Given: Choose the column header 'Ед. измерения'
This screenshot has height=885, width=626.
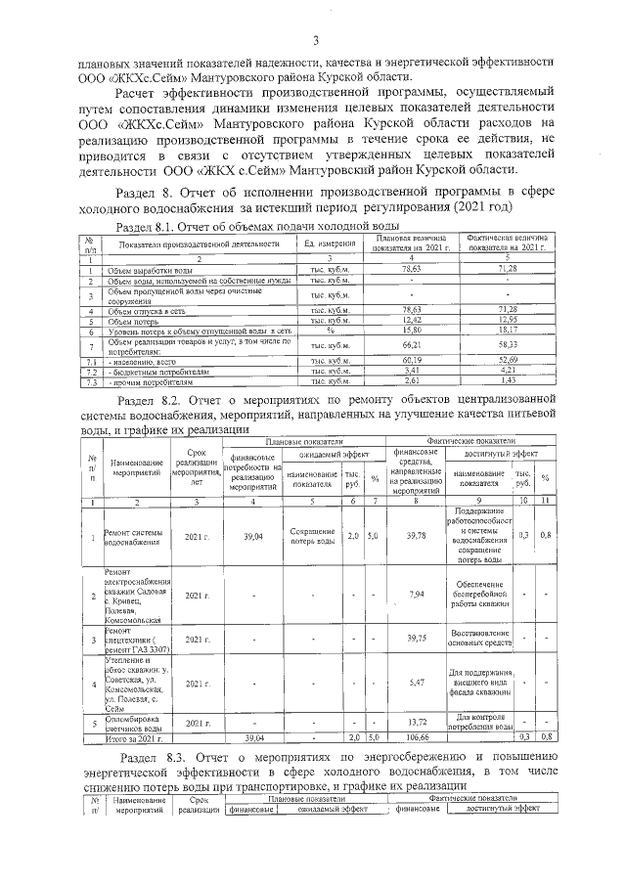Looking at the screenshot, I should (x=330, y=243).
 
